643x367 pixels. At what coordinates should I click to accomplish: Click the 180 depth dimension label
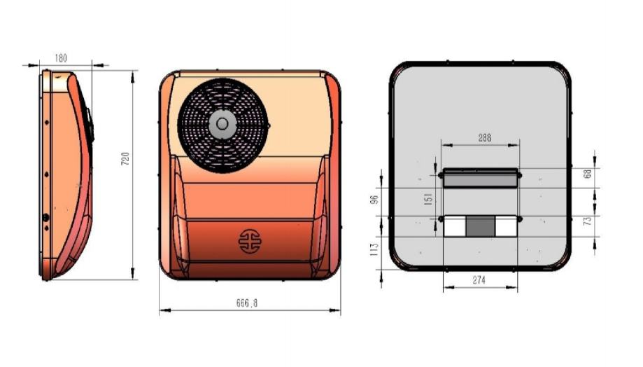(61, 58)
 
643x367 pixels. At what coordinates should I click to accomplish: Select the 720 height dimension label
(125, 158)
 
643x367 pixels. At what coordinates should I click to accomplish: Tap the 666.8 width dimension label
(247, 303)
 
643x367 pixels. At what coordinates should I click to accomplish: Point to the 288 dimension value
(485, 137)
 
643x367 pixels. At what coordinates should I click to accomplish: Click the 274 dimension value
(479, 280)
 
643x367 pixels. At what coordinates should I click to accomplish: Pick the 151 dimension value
(428, 199)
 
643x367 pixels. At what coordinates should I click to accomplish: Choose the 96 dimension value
(374, 200)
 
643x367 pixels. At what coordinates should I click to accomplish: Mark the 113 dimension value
(374, 249)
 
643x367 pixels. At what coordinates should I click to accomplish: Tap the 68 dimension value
(588, 174)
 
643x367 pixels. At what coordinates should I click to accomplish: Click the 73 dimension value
(588, 221)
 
